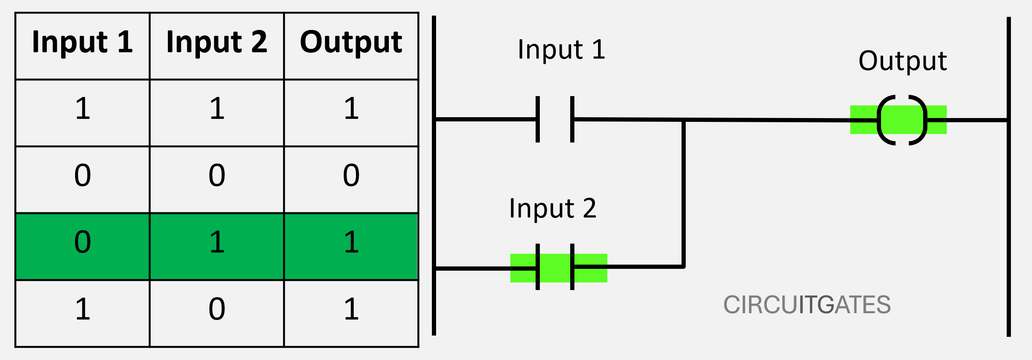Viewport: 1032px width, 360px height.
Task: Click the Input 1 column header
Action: tap(83, 42)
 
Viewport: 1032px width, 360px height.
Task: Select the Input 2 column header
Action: tap(217, 42)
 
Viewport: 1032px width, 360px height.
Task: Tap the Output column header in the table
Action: tap(351, 42)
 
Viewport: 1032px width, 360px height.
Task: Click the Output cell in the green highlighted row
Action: tap(351, 243)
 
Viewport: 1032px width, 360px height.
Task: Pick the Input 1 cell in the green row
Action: tap(83, 243)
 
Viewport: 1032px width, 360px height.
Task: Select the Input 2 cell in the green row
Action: tap(217, 243)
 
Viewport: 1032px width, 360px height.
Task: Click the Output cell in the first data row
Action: tap(351, 109)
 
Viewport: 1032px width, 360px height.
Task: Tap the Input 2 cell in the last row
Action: tap(217, 309)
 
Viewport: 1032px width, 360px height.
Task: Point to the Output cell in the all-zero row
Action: tap(351, 176)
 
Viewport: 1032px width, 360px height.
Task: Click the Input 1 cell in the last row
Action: tap(83, 309)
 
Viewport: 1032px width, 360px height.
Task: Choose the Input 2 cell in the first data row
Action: tap(217, 109)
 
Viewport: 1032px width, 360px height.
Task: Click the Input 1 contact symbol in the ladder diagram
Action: tap(555, 119)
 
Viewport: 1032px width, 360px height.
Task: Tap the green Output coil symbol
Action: tap(902, 120)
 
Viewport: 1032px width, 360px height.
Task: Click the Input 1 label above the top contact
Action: tap(561, 50)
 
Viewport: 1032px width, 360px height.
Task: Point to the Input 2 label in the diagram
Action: tap(553, 208)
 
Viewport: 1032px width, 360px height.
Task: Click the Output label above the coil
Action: tap(903, 61)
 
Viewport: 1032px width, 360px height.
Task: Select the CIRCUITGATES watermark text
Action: tap(807, 305)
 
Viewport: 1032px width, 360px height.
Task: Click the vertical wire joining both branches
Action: tap(683, 194)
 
